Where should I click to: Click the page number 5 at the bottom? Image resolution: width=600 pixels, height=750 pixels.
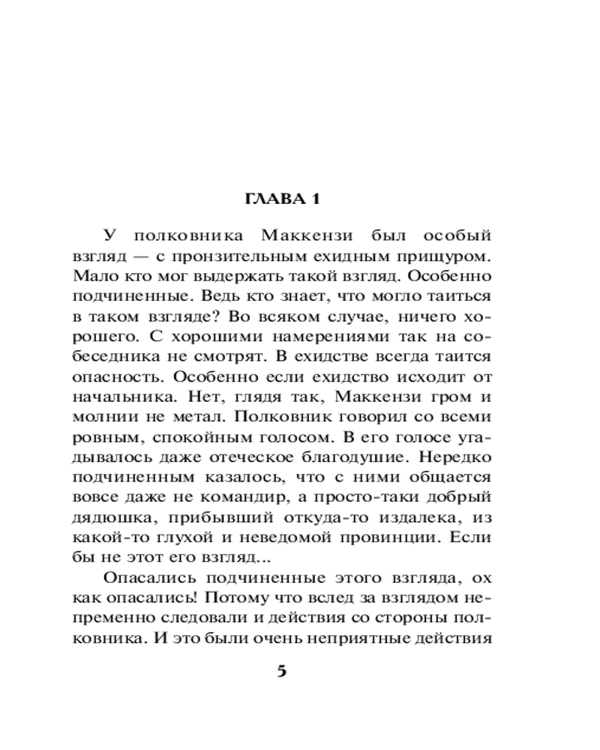pos(282,670)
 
